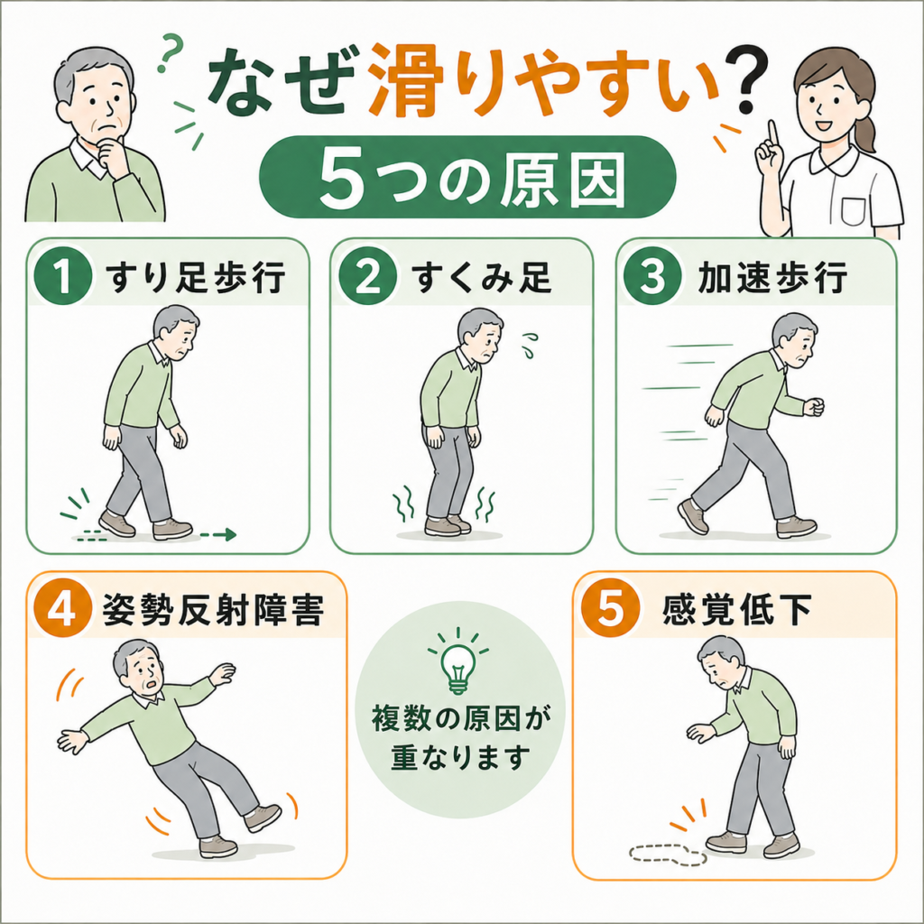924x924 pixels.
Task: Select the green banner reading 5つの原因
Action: (x=467, y=177)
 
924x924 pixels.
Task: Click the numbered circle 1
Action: (x=63, y=276)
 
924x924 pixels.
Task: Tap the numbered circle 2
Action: (x=368, y=276)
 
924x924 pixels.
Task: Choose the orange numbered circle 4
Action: (x=63, y=608)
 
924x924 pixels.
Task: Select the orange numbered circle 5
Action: (x=611, y=608)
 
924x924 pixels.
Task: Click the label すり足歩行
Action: (x=196, y=277)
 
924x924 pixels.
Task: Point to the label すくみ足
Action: (x=482, y=277)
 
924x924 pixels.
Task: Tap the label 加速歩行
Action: (x=772, y=277)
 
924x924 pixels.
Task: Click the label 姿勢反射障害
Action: (x=213, y=609)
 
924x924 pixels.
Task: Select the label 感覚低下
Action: (x=737, y=609)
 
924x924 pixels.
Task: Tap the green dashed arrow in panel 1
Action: (x=218, y=535)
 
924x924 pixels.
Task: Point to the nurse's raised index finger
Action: (x=773, y=135)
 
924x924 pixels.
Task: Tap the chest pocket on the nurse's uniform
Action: (x=853, y=211)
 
